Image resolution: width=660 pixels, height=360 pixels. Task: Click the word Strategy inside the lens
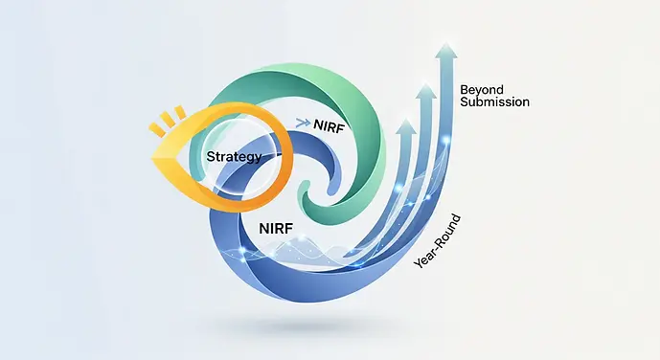coord(234,156)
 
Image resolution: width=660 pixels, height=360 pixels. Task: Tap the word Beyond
coord(482,90)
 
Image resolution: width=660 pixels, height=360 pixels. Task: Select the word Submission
coord(494,101)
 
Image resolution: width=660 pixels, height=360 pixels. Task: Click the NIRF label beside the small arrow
coord(330,124)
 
